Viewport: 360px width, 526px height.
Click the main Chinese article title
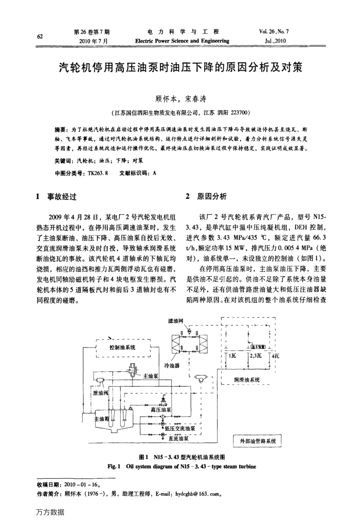coord(180,68)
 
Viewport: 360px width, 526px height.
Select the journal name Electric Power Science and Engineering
coord(182,41)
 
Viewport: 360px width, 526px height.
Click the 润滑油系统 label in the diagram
coord(246,380)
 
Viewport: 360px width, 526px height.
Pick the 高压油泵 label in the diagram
coord(161,409)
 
